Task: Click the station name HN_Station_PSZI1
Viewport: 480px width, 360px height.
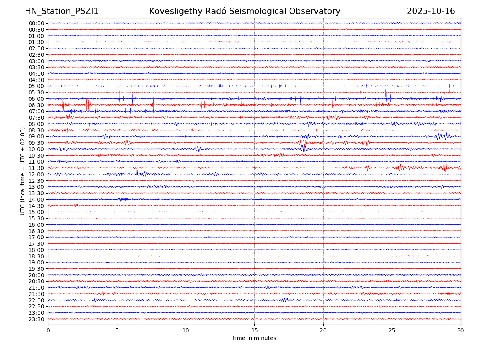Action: (x=62, y=11)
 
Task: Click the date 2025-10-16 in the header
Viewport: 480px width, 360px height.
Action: (x=431, y=11)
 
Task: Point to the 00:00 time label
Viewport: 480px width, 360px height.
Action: (x=36, y=23)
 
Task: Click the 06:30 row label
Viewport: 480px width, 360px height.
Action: (x=36, y=105)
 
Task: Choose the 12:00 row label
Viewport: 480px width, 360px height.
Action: (x=36, y=174)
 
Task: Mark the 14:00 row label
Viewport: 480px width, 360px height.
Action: (x=36, y=200)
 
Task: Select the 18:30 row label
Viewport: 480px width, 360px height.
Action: (x=36, y=256)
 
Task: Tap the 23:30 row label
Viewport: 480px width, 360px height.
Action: (x=36, y=319)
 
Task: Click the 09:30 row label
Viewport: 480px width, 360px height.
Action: (x=36, y=143)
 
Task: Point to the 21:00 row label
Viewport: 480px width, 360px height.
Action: (x=36, y=288)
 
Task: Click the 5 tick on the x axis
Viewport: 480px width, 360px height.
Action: (x=117, y=331)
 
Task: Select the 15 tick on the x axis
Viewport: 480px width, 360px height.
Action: (x=254, y=331)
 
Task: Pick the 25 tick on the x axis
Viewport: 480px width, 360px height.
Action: (x=392, y=331)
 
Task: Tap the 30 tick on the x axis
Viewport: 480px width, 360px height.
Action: (x=461, y=331)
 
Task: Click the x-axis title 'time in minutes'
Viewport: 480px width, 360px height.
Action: (x=254, y=338)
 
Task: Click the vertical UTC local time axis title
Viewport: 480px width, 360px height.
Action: (x=23, y=171)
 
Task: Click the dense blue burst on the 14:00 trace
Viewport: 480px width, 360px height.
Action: (x=124, y=199)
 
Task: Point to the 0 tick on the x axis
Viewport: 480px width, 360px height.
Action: (x=48, y=331)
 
